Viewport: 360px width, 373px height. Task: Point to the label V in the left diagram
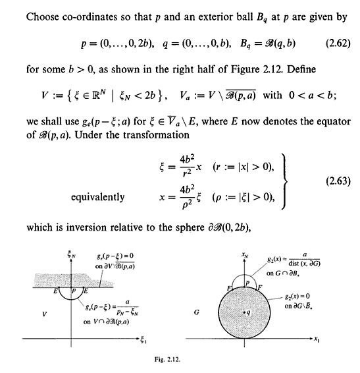coord(43,315)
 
